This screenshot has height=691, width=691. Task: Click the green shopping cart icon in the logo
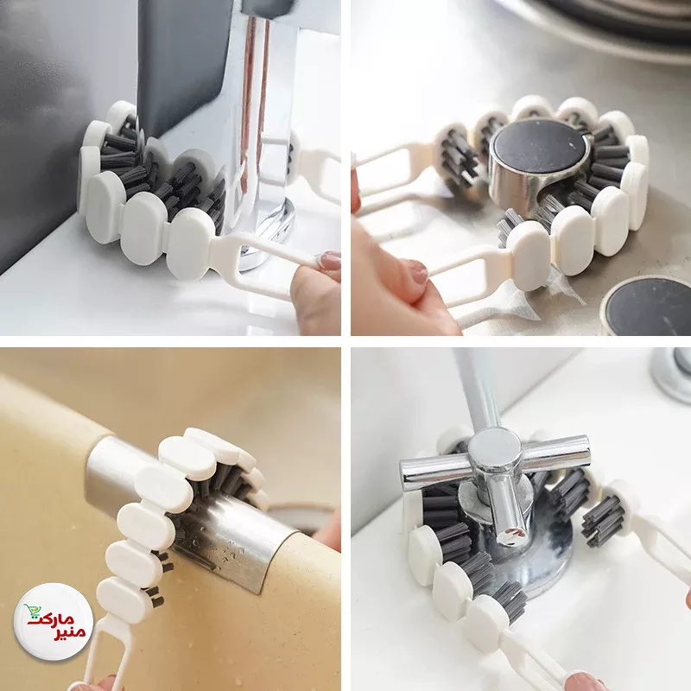(31, 611)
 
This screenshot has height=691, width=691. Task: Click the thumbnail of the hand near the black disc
(416, 269)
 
